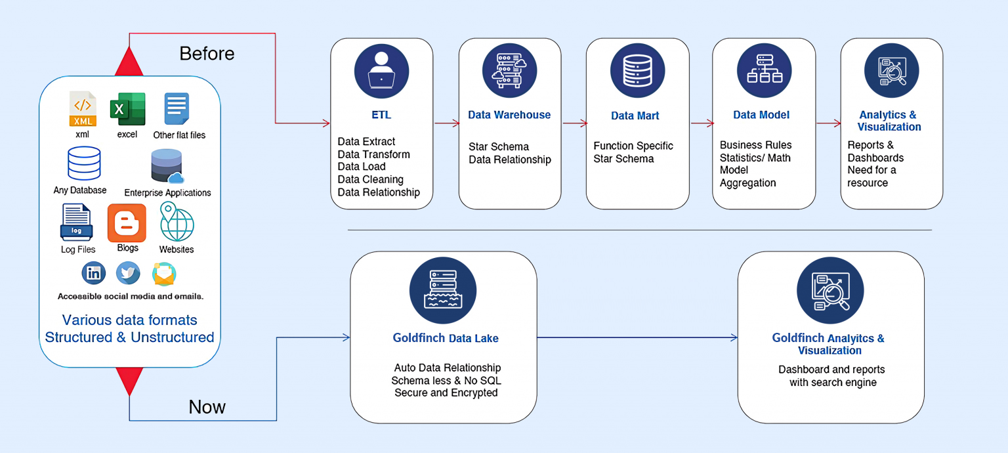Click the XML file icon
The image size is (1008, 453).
pyautogui.click(x=83, y=109)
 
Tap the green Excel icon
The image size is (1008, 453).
pyautogui.click(x=128, y=109)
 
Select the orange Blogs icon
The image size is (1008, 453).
pyautogui.click(x=127, y=223)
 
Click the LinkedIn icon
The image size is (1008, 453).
pyautogui.click(x=94, y=273)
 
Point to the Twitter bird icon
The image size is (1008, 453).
pyautogui.click(x=128, y=273)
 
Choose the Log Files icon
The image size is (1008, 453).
pyautogui.click(x=77, y=223)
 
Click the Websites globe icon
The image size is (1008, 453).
pyautogui.click(x=177, y=223)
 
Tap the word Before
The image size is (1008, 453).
pyautogui.click(x=207, y=53)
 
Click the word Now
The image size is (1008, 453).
pyautogui.click(x=207, y=407)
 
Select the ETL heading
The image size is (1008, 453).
pyautogui.click(x=381, y=115)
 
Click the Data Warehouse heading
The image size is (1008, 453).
pyautogui.click(x=509, y=115)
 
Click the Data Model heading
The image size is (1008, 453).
pyautogui.click(x=761, y=115)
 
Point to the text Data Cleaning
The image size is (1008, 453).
pyautogui.click(x=370, y=179)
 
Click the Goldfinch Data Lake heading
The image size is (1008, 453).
pyautogui.click(x=446, y=339)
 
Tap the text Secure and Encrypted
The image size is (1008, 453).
pyautogui.click(x=446, y=393)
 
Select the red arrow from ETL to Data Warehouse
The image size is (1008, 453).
pyautogui.click(x=446, y=123)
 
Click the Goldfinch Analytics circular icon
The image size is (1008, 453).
pyautogui.click(x=830, y=291)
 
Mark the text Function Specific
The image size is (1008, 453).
pyautogui.click(x=633, y=146)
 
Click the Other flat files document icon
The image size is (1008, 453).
pyautogui.click(x=177, y=109)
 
